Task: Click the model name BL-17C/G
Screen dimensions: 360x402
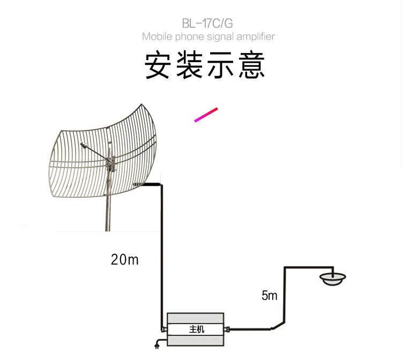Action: tap(207, 23)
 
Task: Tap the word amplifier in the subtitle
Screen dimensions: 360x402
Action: tap(254, 37)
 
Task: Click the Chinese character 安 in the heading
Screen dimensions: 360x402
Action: tap(158, 66)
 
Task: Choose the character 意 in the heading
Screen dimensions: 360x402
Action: tap(252, 66)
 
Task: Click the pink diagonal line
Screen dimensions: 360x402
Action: tap(206, 115)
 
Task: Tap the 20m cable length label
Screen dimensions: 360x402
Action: tap(124, 260)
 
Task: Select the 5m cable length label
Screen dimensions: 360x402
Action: tap(269, 295)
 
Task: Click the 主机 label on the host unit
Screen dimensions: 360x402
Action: tap(197, 329)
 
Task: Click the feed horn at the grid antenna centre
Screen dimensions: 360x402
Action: tap(84, 145)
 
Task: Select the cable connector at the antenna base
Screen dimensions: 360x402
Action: tap(139, 184)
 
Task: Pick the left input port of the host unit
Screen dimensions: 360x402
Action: tap(163, 326)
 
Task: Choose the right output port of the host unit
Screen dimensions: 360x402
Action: tap(229, 329)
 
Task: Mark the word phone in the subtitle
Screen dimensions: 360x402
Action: tap(185, 37)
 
